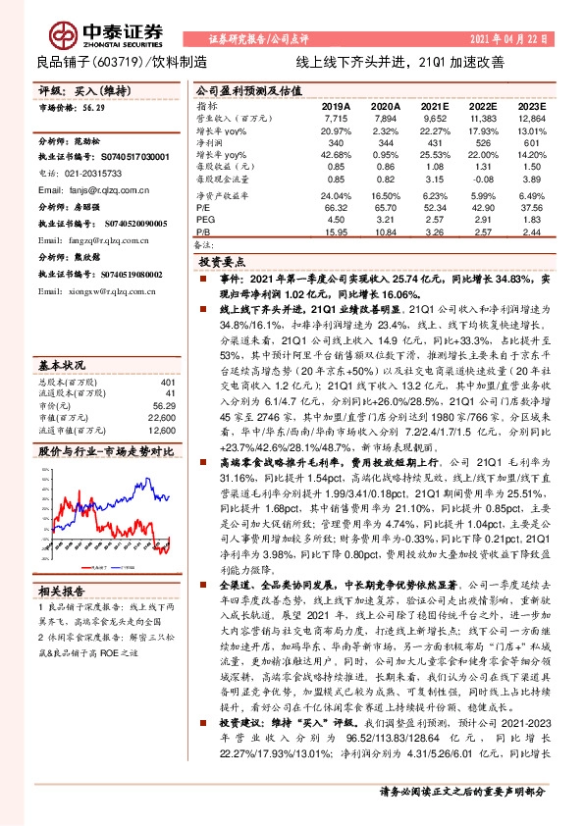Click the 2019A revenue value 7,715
tap(336, 117)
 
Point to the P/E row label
tap(203, 207)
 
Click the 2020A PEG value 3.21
tap(385, 220)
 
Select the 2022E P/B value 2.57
tap(482, 232)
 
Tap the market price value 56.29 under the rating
tap(95, 111)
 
